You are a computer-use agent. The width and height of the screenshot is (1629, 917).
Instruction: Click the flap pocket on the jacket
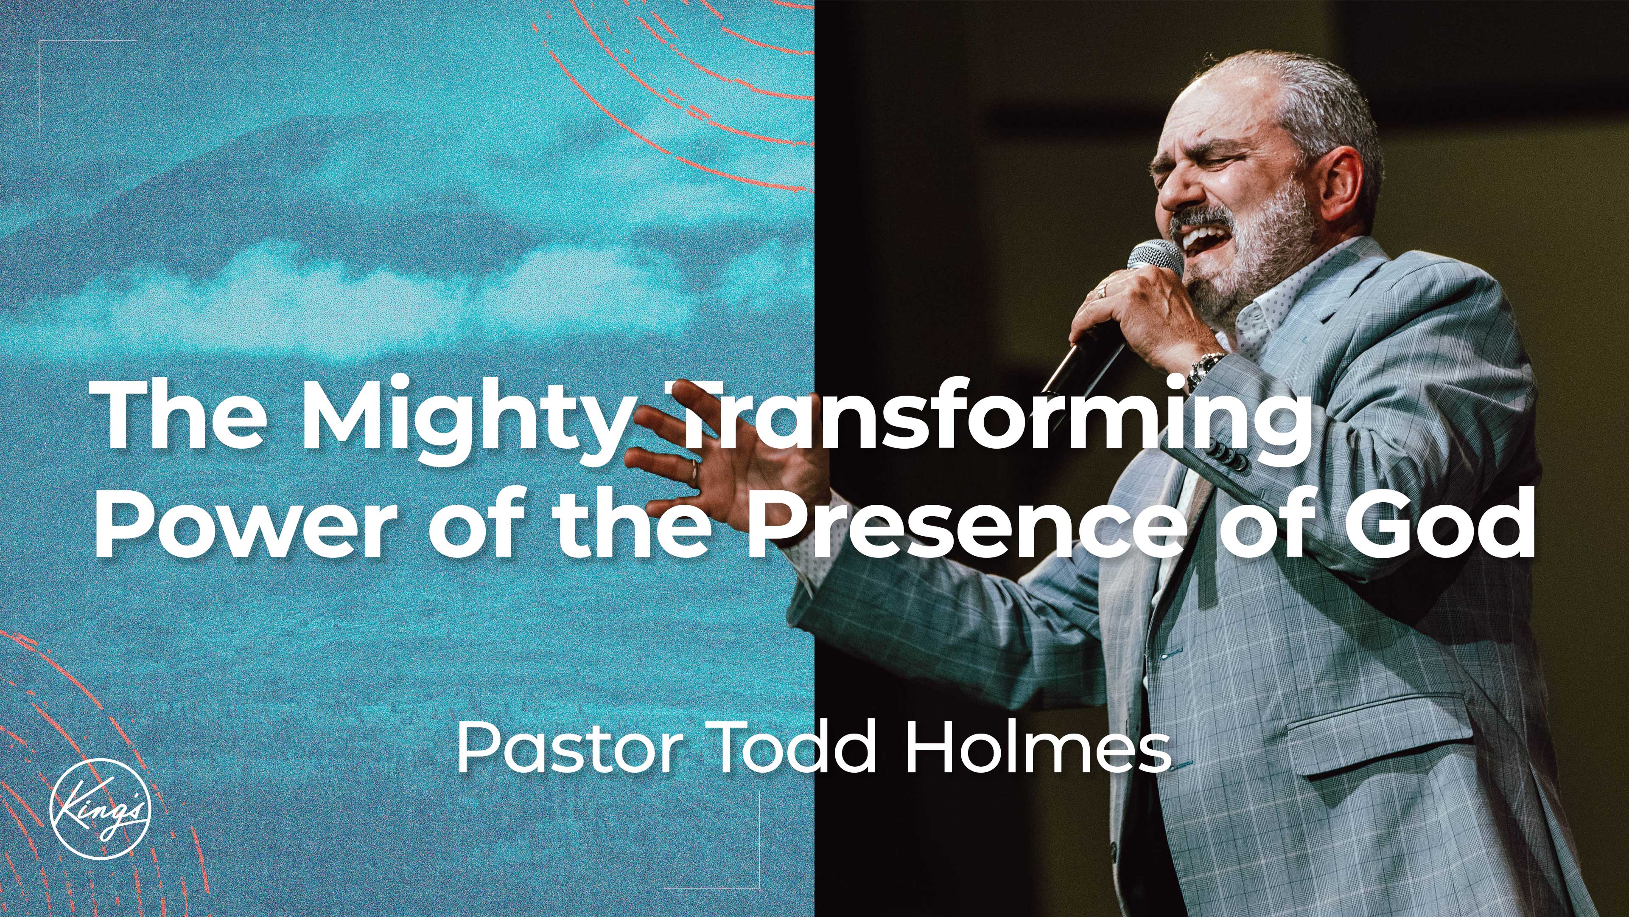(1379, 740)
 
